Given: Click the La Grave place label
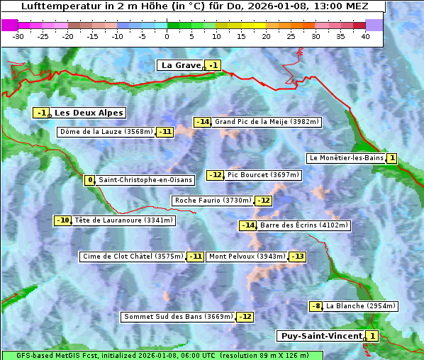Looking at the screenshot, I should coord(181,65).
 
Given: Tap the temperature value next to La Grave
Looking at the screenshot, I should coord(213,66).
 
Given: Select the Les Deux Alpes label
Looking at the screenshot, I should coord(89,113).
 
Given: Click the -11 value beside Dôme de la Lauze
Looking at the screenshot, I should coord(164,132).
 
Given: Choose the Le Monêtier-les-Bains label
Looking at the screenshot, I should coord(346,158).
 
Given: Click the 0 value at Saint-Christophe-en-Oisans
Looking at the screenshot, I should coord(89,180).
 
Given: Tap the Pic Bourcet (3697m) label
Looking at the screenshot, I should coord(264,175).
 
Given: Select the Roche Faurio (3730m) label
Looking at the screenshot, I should coord(213,201).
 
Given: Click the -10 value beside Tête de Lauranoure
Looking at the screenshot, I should coord(63,220).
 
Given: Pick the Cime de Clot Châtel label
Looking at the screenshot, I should coord(133,257).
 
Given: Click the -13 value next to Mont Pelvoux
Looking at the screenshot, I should coord(297,257).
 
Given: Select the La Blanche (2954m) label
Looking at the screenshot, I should coord(360,306).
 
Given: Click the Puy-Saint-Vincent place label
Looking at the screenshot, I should coord(321,336).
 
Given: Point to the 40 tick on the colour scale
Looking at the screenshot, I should coord(365,36).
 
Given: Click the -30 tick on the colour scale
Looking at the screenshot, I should coord(18,36).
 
